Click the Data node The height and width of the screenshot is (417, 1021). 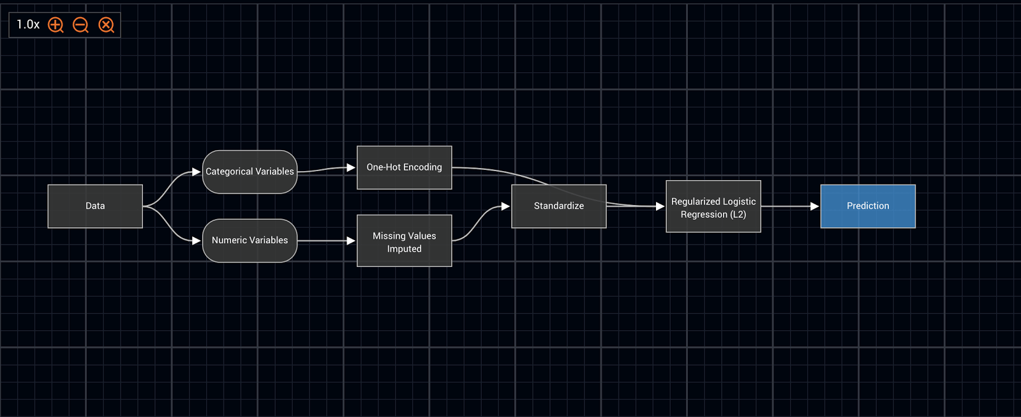[x=95, y=206]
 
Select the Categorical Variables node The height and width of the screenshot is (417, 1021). [x=250, y=172]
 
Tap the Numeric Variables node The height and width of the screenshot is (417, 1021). [x=250, y=241]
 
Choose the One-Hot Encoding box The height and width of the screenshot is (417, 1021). [x=404, y=167]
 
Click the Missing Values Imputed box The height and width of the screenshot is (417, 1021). [x=404, y=241]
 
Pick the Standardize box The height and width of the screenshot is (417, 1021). [x=558, y=206]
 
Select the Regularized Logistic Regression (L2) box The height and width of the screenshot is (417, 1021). [x=713, y=206]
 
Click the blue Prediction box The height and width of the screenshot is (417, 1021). [x=868, y=206]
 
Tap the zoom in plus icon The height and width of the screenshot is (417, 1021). [x=56, y=25]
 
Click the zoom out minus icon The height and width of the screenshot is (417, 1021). [x=80, y=25]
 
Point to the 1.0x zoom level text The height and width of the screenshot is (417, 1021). [x=28, y=25]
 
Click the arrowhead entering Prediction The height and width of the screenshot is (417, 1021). [x=814, y=206]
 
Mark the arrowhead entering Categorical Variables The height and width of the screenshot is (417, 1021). [x=197, y=172]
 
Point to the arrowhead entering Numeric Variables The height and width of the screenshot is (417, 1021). [x=197, y=241]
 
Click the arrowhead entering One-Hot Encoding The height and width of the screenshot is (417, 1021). [x=351, y=167]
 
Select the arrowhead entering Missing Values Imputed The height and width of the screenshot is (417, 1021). [x=351, y=241]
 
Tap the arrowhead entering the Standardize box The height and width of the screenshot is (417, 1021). [x=505, y=206]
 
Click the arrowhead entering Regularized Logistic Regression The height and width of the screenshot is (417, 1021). [x=660, y=206]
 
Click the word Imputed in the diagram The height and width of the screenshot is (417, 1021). [x=404, y=249]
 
